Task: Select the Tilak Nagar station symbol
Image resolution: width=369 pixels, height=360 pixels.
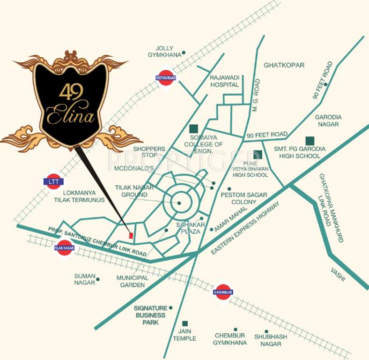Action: [x=64, y=247]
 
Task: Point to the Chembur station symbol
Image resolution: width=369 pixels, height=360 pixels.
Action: [x=223, y=292]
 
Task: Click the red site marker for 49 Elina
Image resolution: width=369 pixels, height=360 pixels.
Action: [x=132, y=235]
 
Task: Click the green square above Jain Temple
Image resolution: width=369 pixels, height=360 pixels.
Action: [x=185, y=323]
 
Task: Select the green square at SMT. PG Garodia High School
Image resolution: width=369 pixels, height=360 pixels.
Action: [x=309, y=140]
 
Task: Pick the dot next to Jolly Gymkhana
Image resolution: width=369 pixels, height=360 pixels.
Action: [x=184, y=52]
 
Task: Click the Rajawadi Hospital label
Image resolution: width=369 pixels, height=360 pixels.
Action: [x=224, y=81]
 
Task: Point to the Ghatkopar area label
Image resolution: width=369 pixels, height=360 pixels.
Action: [x=284, y=65]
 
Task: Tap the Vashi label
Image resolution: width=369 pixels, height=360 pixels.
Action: [x=338, y=275]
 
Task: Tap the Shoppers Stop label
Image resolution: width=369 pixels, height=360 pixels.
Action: [x=149, y=153]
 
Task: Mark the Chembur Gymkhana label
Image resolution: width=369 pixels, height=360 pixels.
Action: [x=231, y=339]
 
